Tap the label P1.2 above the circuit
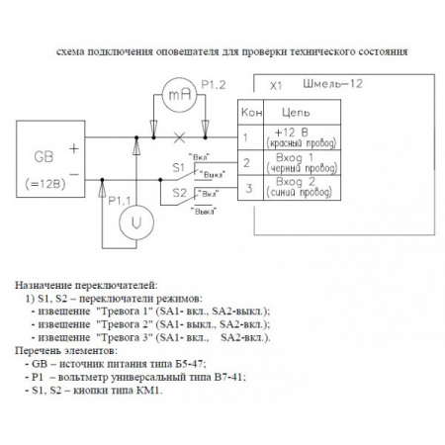(x=213, y=85)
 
